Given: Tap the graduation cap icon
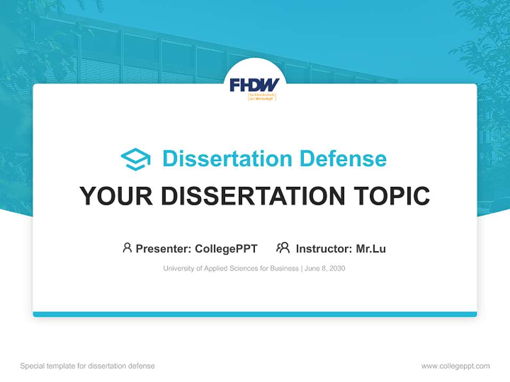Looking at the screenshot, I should coord(135,159).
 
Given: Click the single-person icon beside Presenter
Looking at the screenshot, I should coord(127,248).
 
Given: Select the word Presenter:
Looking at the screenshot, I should coord(163,248).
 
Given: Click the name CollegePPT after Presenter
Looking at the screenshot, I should coord(226,248).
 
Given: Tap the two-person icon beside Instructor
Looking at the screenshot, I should coord(283,248).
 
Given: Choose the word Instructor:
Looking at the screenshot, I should coord(324,248).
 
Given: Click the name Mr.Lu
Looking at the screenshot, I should coord(371,248).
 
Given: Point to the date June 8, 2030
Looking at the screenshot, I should coord(325,268).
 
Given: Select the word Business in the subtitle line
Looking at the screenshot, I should coord(284,268).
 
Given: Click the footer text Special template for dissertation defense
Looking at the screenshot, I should coord(88,366).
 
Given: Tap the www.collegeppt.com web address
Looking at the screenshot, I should coord(455,366).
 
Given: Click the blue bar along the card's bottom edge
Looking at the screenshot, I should coord(255,314).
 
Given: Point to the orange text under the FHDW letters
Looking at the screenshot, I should coord(262,97).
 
